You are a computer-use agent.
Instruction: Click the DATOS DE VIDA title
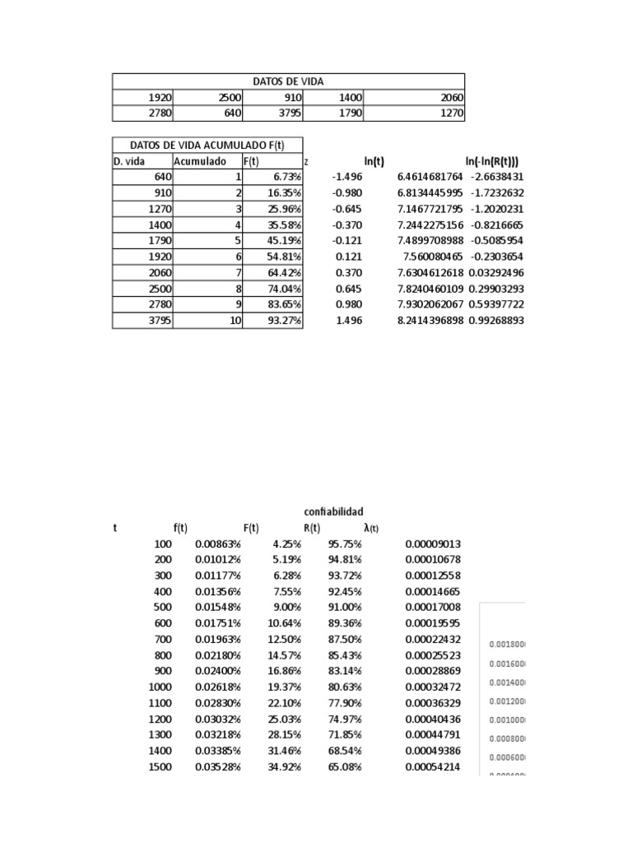pos(288,81)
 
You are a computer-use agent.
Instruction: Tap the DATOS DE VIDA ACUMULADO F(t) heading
pos(207,146)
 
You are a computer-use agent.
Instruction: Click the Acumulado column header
pos(199,161)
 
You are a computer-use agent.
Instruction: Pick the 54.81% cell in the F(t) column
pos(284,257)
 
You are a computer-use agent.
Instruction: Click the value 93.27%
pos(284,321)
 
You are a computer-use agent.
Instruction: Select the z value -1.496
pos(346,177)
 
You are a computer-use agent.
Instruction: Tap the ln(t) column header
pos(374,161)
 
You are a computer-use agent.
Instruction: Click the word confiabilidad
pos(333,511)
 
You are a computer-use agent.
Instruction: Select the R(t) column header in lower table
pos(311,528)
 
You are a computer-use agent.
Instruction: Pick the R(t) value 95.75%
pos(344,544)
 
